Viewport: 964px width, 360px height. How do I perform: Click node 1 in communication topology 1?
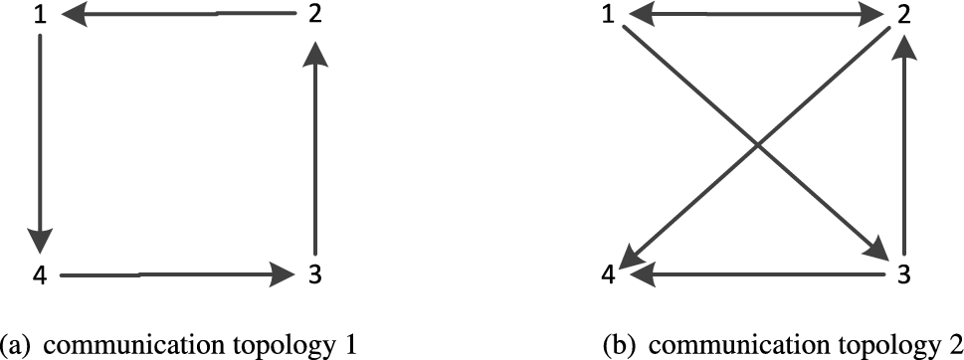click(40, 16)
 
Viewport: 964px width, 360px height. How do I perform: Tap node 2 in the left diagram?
click(314, 16)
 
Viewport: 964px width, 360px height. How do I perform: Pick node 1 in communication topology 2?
click(607, 16)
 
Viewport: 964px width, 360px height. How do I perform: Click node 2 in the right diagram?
click(904, 16)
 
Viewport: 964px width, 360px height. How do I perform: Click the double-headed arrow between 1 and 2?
click(755, 15)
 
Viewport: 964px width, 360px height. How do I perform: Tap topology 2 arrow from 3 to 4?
click(756, 273)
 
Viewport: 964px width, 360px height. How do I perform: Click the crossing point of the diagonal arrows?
click(758, 145)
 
